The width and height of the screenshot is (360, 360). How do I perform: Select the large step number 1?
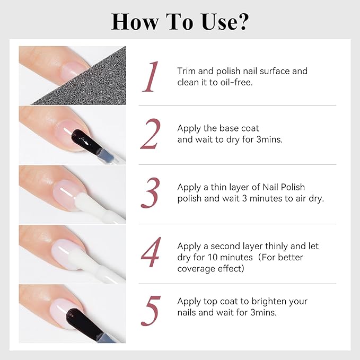point(151,77)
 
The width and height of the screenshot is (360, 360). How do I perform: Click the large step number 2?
point(151,134)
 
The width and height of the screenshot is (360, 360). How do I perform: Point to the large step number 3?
point(151,193)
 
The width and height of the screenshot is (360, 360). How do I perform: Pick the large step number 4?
point(151,252)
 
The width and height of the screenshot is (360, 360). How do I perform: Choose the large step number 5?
point(151,311)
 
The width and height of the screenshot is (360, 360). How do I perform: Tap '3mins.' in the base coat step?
point(269,139)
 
